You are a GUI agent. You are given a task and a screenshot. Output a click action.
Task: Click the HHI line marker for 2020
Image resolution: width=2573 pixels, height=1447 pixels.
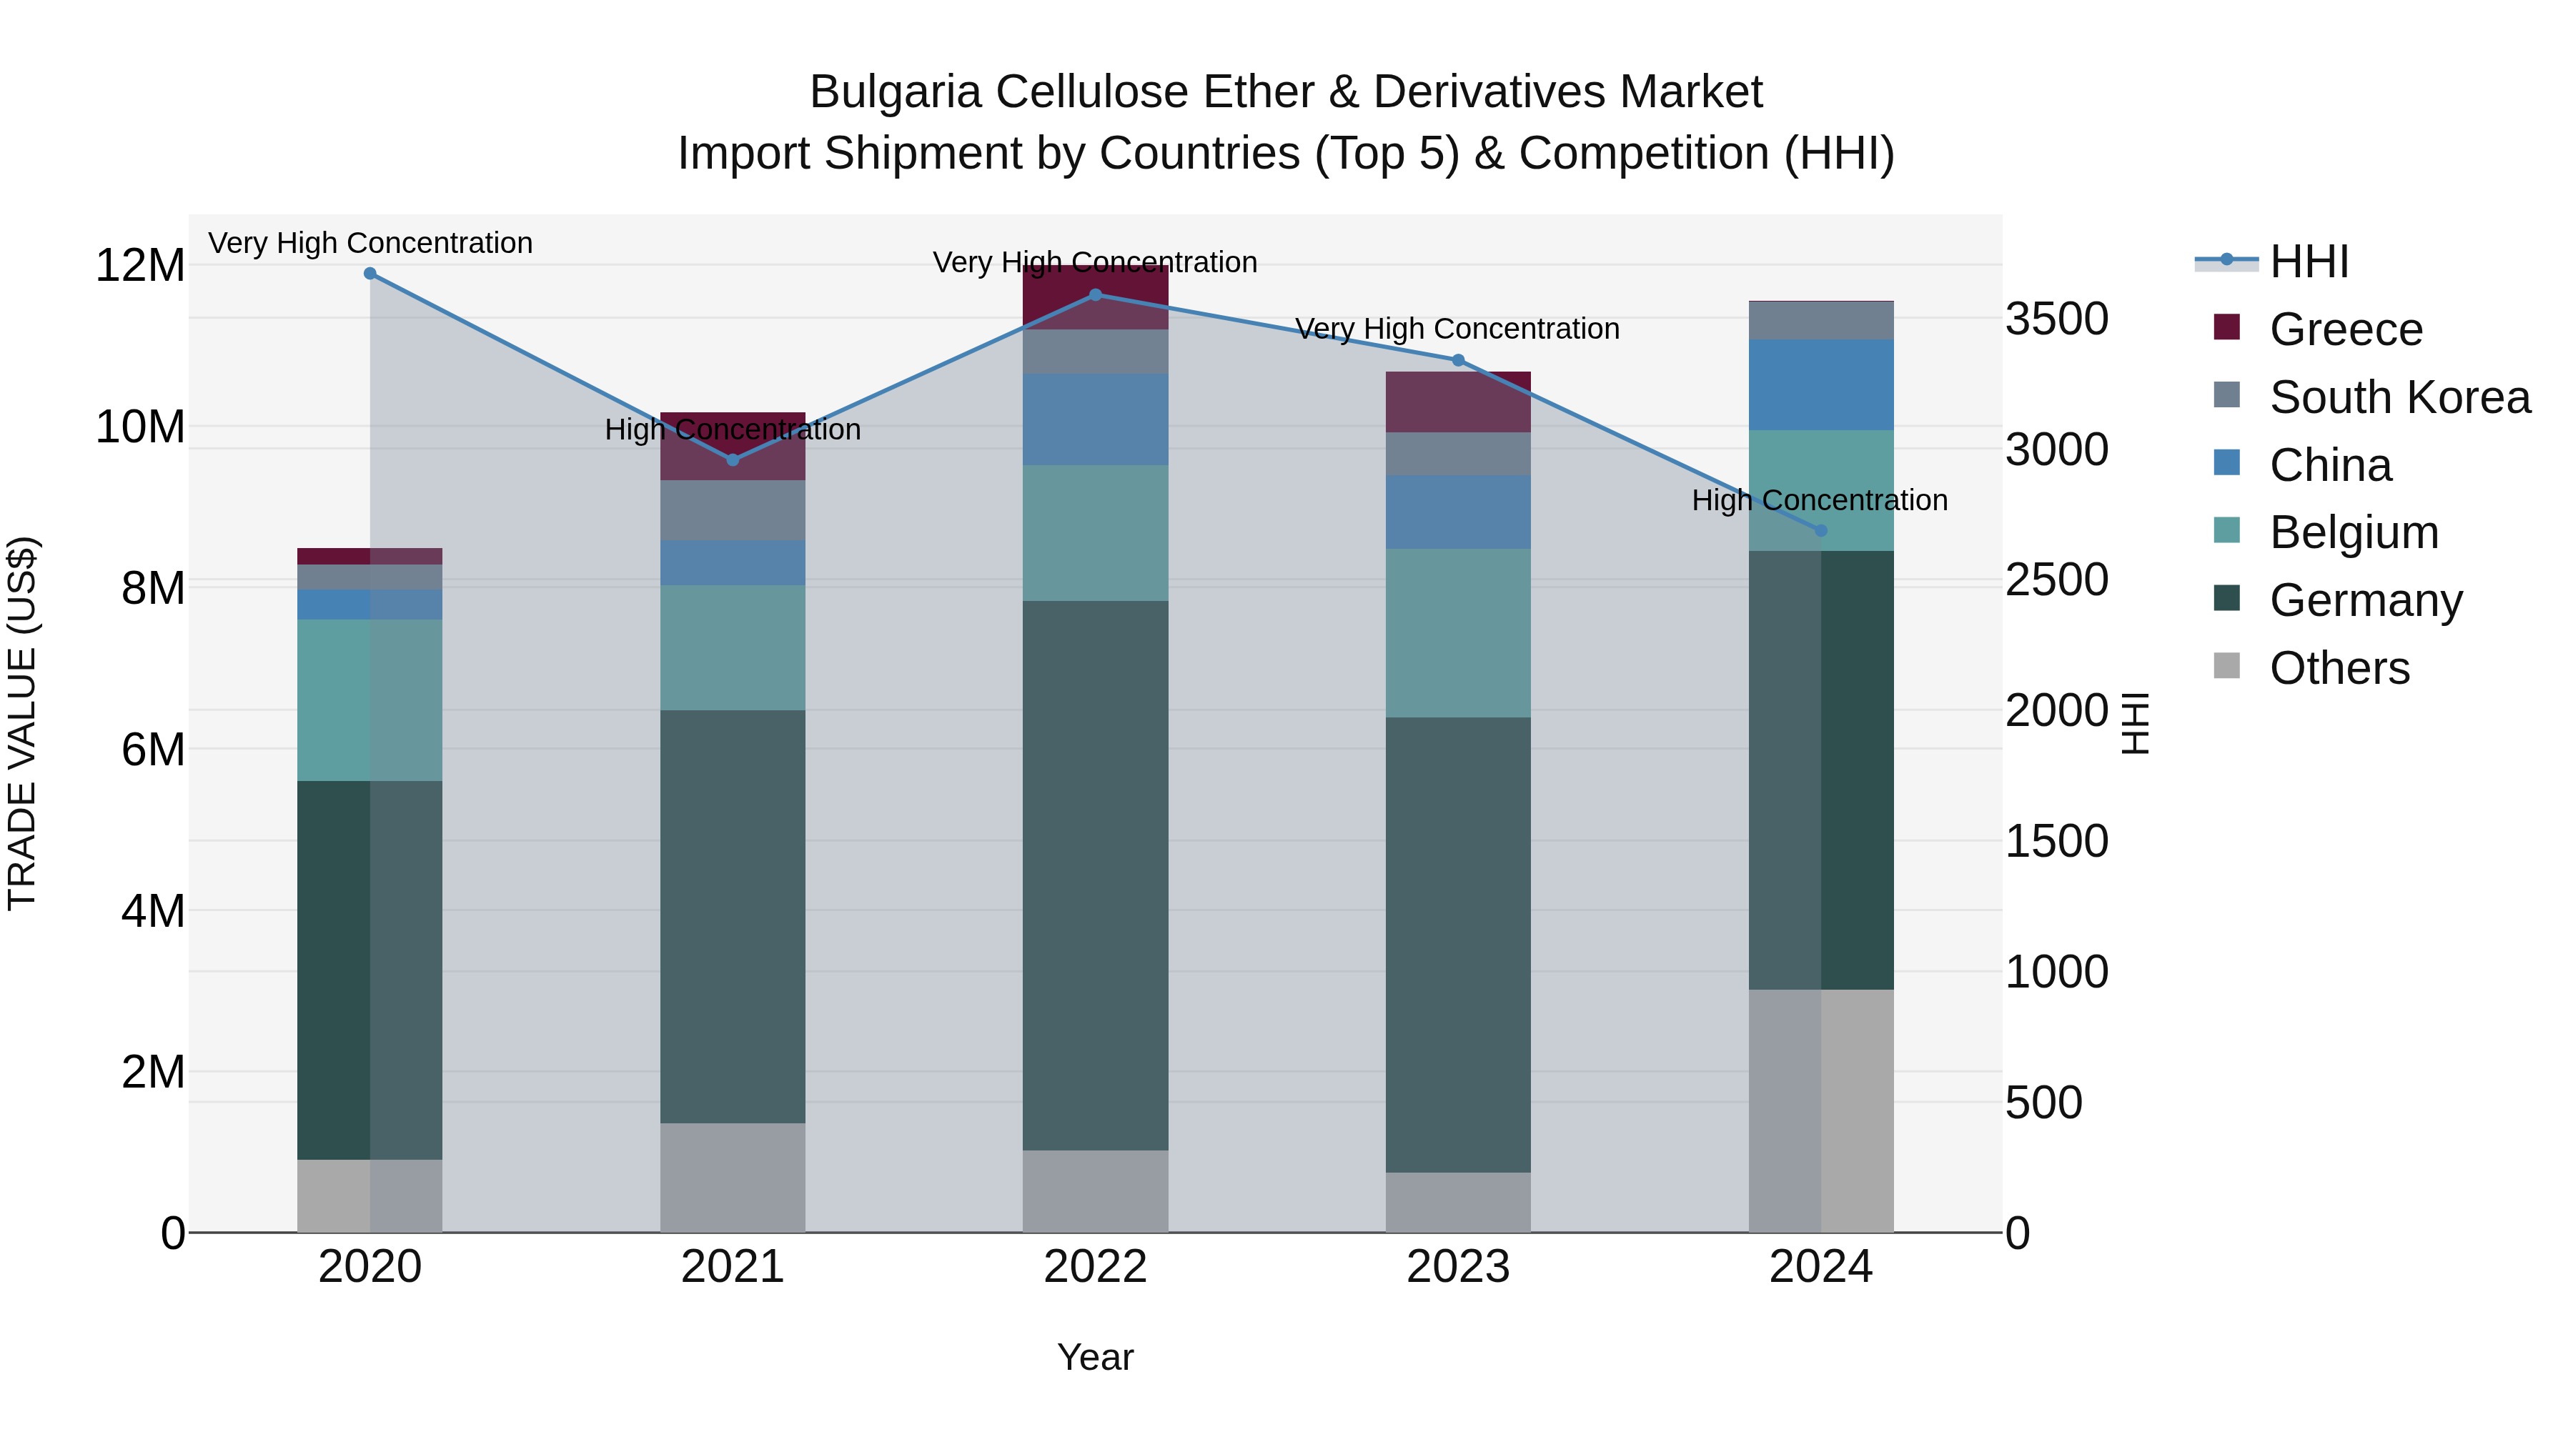coord(370,274)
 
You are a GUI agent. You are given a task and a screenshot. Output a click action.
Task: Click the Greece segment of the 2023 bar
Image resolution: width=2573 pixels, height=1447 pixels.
coord(1457,402)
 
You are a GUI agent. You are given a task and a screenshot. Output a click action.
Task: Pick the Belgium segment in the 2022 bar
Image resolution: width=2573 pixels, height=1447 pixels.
coord(1095,533)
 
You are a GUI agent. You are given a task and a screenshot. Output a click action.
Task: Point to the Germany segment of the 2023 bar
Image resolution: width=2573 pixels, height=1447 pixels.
coord(1457,945)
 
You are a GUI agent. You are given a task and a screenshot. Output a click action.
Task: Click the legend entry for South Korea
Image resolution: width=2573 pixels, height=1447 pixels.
coord(2399,397)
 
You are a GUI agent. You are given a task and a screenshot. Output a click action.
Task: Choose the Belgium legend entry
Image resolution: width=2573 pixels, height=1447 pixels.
coord(2354,532)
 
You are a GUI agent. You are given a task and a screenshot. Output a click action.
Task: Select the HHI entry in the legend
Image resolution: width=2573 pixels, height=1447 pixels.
coord(2309,262)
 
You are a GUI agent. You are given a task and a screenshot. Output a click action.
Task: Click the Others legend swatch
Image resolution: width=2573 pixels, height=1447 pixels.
coord(2226,666)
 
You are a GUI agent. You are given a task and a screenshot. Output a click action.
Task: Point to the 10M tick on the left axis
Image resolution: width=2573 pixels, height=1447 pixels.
coord(140,427)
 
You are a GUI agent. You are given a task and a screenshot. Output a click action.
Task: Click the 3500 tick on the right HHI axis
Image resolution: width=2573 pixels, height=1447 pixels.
coord(2056,319)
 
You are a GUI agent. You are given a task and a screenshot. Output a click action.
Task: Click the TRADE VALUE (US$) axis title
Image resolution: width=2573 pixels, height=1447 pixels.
coord(22,723)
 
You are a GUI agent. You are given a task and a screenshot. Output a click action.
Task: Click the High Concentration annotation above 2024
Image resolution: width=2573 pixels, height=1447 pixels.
coord(1819,500)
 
